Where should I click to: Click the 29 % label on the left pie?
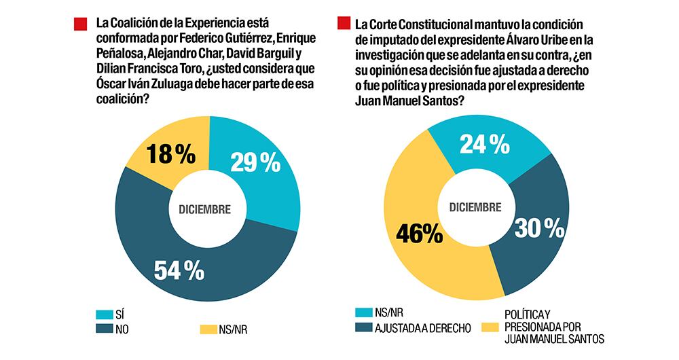pyautogui.click(x=255, y=162)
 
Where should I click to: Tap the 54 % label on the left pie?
pyautogui.click(x=178, y=270)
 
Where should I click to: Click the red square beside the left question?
pyautogui.click(x=81, y=24)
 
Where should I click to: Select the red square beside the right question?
pyautogui.click(x=345, y=23)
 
